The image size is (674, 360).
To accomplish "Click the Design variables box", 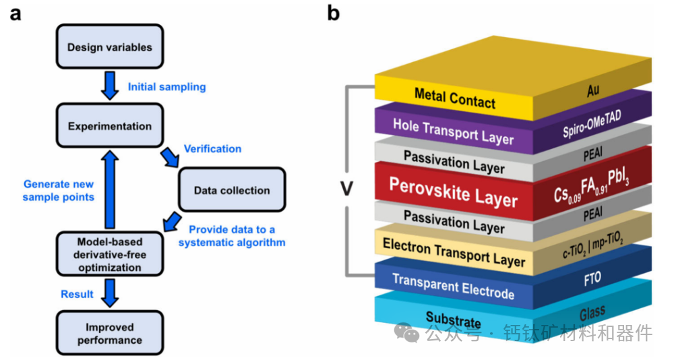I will click(x=110, y=48).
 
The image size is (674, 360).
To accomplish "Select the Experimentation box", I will click(x=110, y=126).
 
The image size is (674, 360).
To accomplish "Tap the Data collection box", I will click(x=232, y=190).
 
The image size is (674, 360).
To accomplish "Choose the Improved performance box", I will click(x=110, y=334).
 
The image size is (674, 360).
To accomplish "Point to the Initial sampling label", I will click(x=166, y=87).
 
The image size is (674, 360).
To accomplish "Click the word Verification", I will click(x=212, y=148).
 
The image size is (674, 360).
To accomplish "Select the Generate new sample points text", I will click(x=59, y=190).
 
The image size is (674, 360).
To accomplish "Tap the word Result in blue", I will click(x=77, y=295).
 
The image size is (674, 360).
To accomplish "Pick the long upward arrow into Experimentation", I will click(x=110, y=191).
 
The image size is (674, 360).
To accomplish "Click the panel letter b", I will click(x=334, y=13).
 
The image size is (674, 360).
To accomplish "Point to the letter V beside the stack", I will click(x=346, y=188).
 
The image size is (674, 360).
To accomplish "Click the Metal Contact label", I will click(x=455, y=98).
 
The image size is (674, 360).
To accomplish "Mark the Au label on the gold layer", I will click(x=593, y=90).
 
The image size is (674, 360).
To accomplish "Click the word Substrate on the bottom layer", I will click(x=453, y=319).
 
